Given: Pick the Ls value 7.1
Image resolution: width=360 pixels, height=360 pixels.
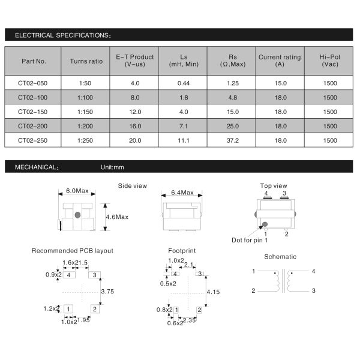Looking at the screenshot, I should (184, 127).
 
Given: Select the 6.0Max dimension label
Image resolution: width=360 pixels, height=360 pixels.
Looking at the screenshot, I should (77, 191).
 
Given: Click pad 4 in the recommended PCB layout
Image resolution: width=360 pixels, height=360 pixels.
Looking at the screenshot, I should (70, 275).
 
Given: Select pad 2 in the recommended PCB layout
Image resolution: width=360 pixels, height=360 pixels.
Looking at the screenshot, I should (95, 309).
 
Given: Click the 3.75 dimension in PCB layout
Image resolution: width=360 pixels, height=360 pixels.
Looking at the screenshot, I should (108, 291).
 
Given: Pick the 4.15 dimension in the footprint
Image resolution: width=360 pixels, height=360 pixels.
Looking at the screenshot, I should (213, 292).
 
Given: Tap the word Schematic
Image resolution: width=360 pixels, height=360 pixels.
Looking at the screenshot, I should (280, 257).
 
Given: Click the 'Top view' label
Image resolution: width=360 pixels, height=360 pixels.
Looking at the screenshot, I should (273, 186).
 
